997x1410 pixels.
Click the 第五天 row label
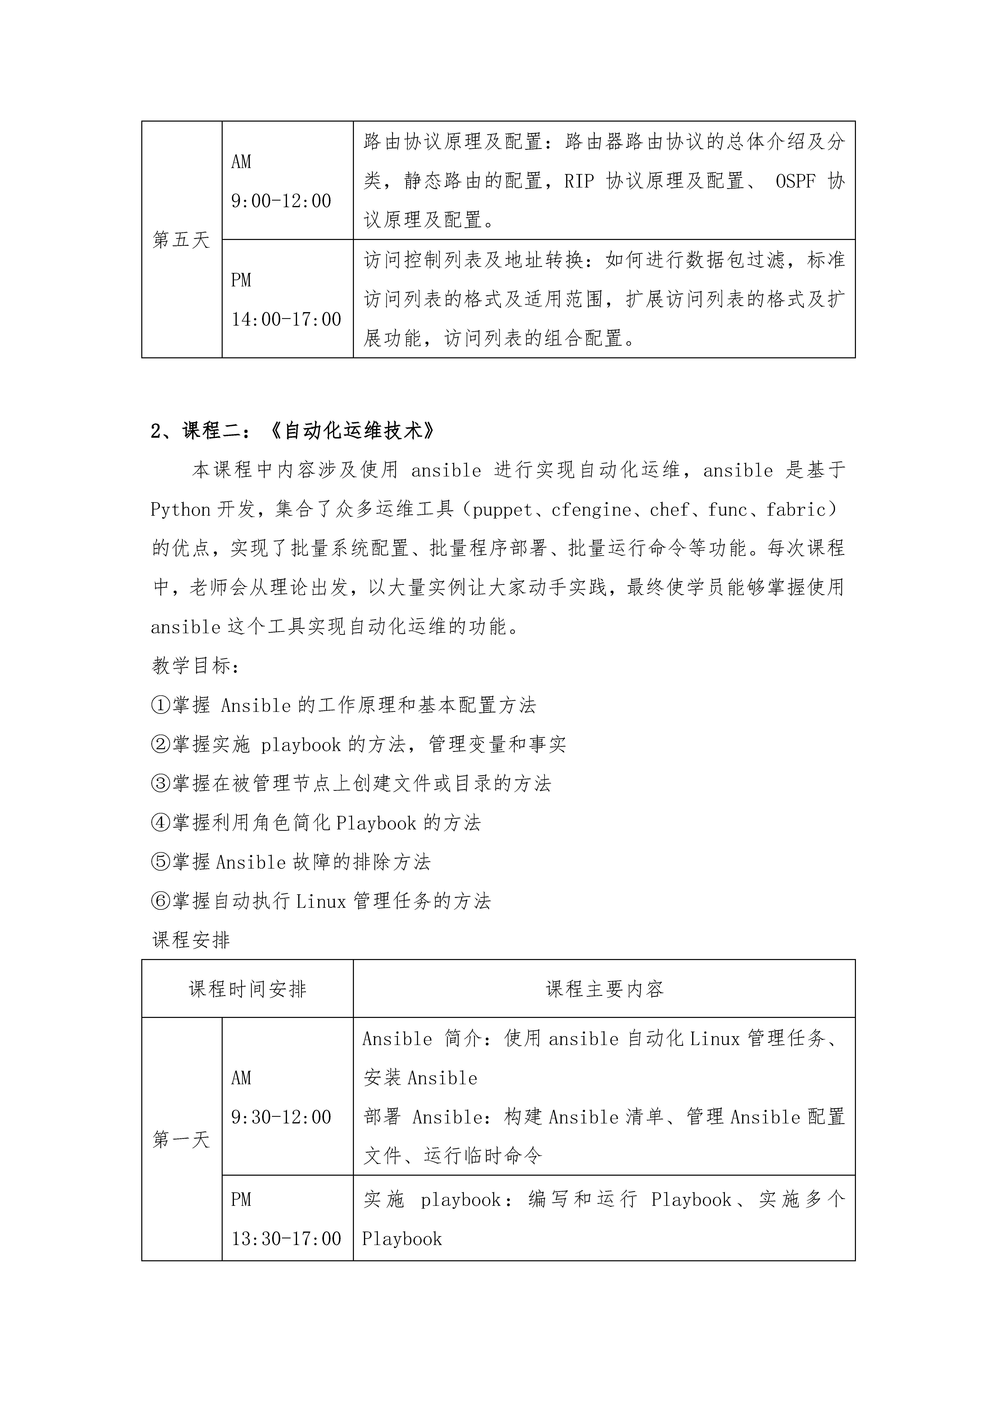(x=181, y=240)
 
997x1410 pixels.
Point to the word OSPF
(x=795, y=181)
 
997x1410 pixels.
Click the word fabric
(x=795, y=510)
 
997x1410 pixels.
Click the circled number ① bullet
(x=160, y=705)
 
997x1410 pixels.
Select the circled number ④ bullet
(x=160, y=823)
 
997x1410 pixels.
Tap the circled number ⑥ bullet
(x=160, y=902)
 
